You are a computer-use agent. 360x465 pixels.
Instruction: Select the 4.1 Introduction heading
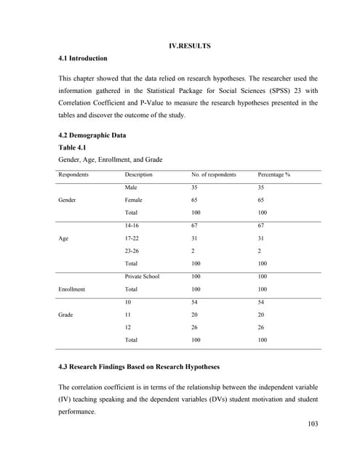82,58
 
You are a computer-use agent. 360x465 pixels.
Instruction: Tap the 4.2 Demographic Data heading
92,136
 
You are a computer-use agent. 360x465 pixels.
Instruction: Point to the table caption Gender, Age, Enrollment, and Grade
111,160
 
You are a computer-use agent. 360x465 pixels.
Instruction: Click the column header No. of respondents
213,175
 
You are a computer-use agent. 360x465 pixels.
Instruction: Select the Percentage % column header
274,175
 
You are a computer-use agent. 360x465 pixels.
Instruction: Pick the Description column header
138,175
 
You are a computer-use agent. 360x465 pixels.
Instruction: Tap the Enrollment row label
73,289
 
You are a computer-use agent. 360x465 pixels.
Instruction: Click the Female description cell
134,200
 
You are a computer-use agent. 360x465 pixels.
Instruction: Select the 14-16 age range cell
132,225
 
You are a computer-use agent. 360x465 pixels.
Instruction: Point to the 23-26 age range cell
132,251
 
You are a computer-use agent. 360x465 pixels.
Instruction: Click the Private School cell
142,276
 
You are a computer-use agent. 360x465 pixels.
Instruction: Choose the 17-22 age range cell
132,238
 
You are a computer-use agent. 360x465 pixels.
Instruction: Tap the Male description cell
132,187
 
